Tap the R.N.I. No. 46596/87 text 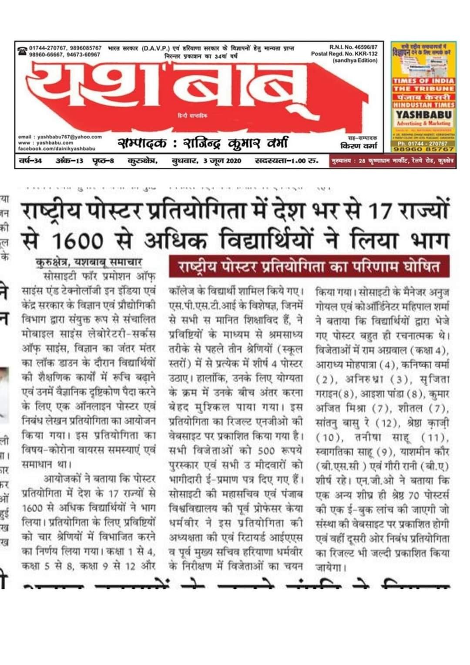point(353,47)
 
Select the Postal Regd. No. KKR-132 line point(344,54)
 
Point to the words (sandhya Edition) point(355,61)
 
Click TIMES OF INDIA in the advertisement point(423,81)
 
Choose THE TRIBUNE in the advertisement point(423,89)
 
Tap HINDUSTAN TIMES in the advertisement point(423,105)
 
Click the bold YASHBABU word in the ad point(423,115)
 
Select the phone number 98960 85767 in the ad point(423,149)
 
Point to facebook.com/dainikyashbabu point(57,149)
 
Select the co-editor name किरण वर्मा point(359,145)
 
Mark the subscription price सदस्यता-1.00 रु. point(286,161)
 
